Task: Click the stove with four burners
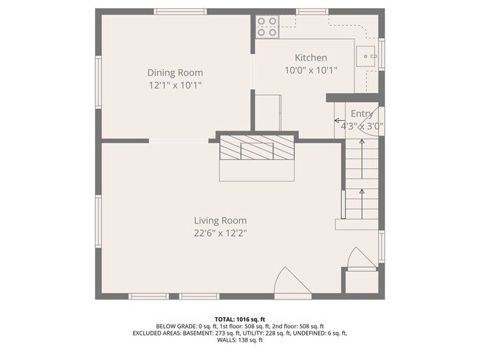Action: point(267,27)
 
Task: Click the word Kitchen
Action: point(311,58)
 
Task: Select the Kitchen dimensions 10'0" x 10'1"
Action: point(311,71)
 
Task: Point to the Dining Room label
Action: point(175,72)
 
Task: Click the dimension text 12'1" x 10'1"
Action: point(175,85)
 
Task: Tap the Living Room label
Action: point(220,220)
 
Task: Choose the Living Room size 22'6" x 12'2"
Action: point(220,233)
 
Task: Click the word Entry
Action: point(361,114)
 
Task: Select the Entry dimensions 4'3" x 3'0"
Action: point(361,125)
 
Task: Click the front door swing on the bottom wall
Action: point(288,283)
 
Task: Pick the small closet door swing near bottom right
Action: point(359,260)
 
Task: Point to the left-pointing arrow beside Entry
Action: point(340,120)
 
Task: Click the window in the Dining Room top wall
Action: point(181,12)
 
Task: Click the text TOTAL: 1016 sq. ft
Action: point(239,318)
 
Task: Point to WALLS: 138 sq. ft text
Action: point(239,340)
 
